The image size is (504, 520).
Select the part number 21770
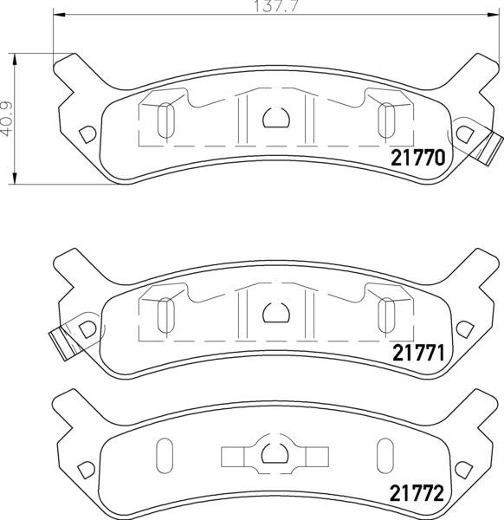(418, 159)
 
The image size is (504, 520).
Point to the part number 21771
(418, 354)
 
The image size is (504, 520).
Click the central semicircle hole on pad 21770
(275, 118)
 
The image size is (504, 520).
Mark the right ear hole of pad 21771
(464, 327)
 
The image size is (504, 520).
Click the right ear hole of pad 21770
(464, 133)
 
